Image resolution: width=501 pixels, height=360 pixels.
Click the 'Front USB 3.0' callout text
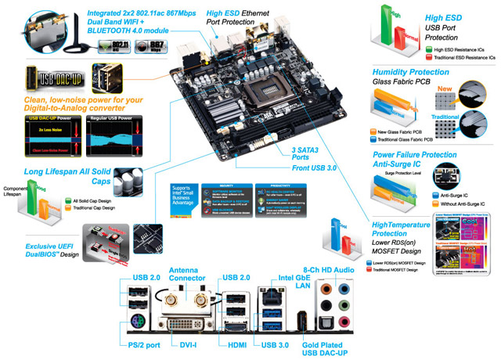tap(295, 167)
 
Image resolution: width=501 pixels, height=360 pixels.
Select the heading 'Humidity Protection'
tap(411, 72)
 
